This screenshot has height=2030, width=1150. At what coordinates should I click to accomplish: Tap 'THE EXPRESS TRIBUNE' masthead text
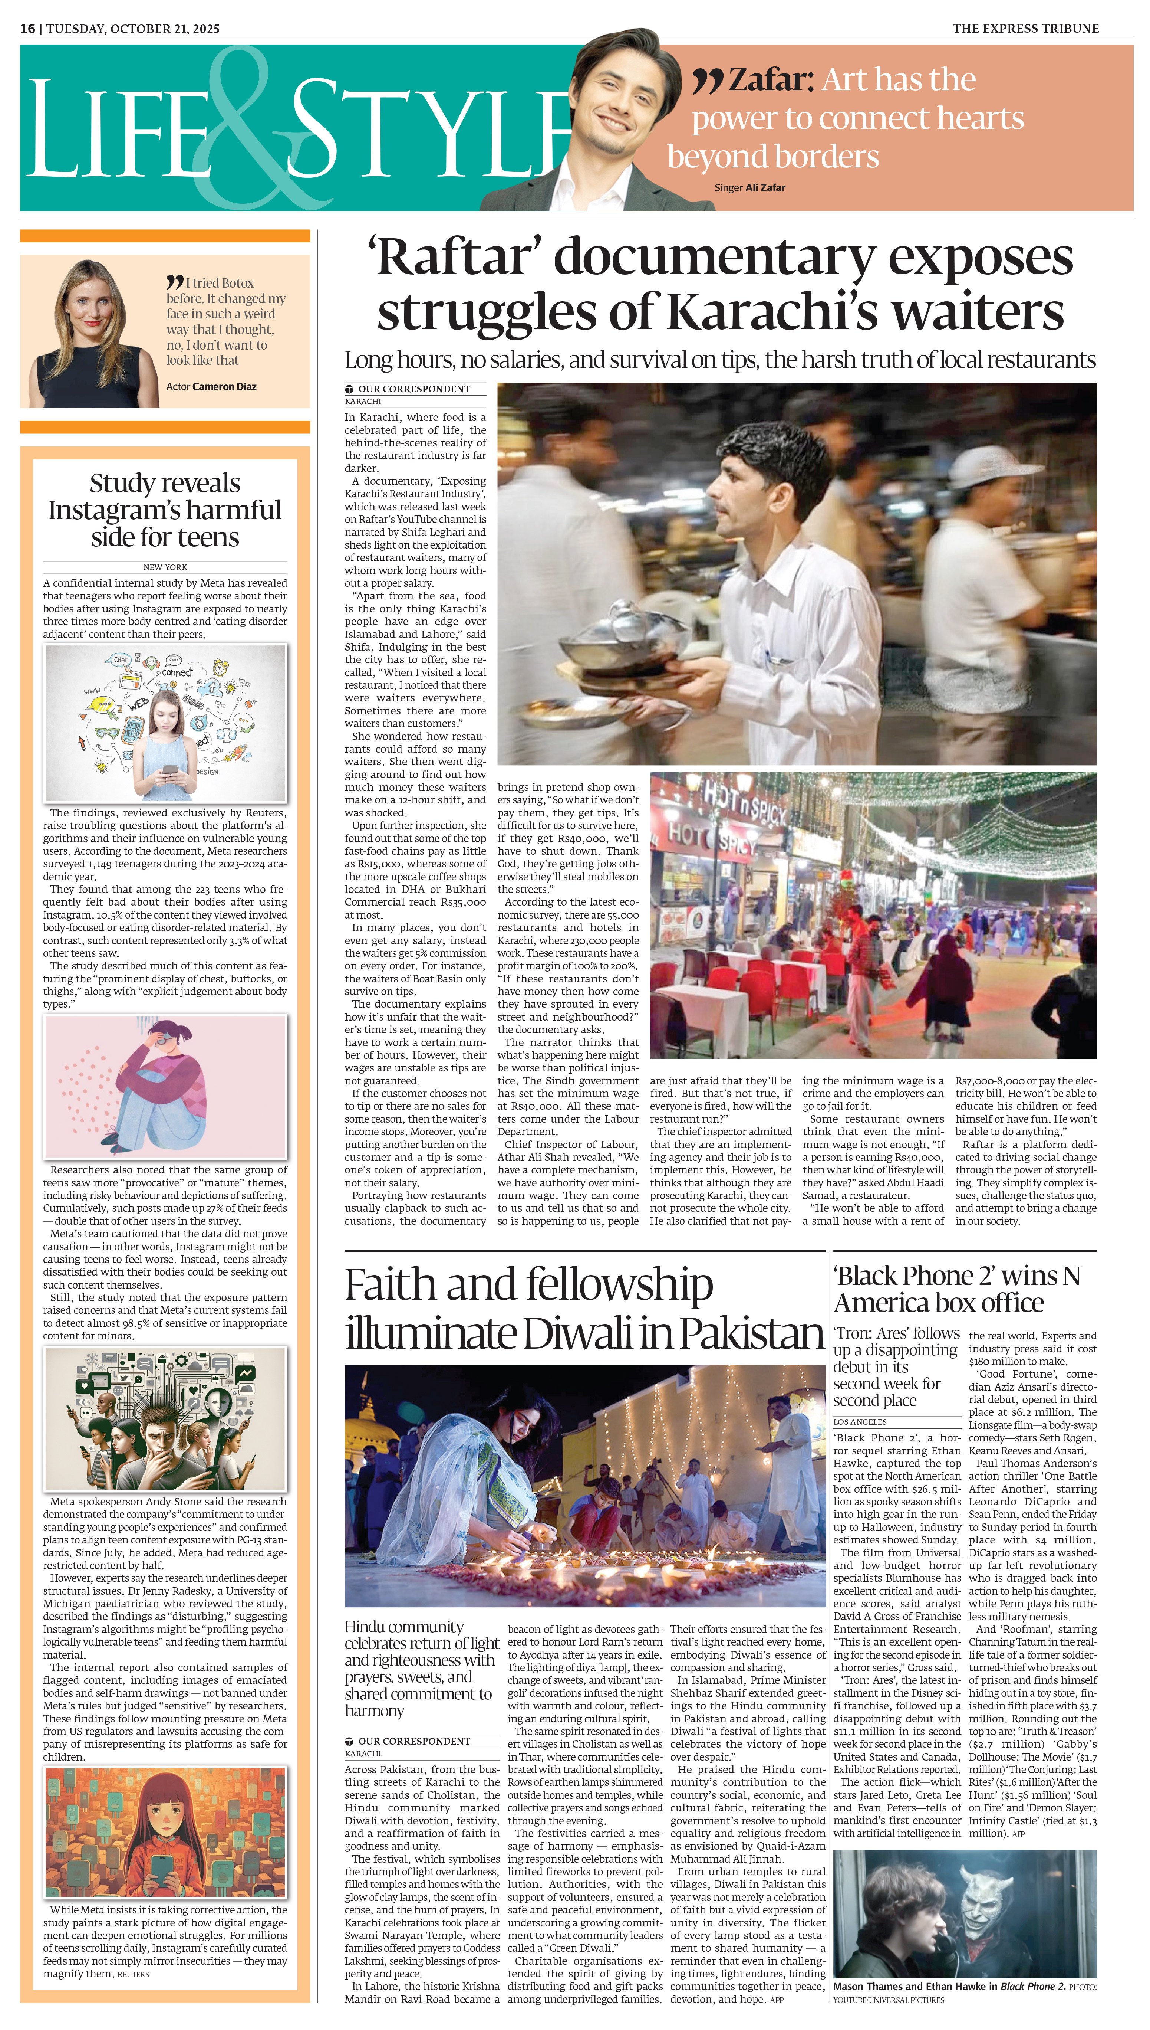point(1025,29)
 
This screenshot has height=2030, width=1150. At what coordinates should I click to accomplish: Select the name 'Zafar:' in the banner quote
point(770,80)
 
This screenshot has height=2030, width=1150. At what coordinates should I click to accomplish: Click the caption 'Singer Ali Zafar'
point(749,188)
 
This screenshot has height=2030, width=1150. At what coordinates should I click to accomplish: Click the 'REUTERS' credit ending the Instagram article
point(133,1974)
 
